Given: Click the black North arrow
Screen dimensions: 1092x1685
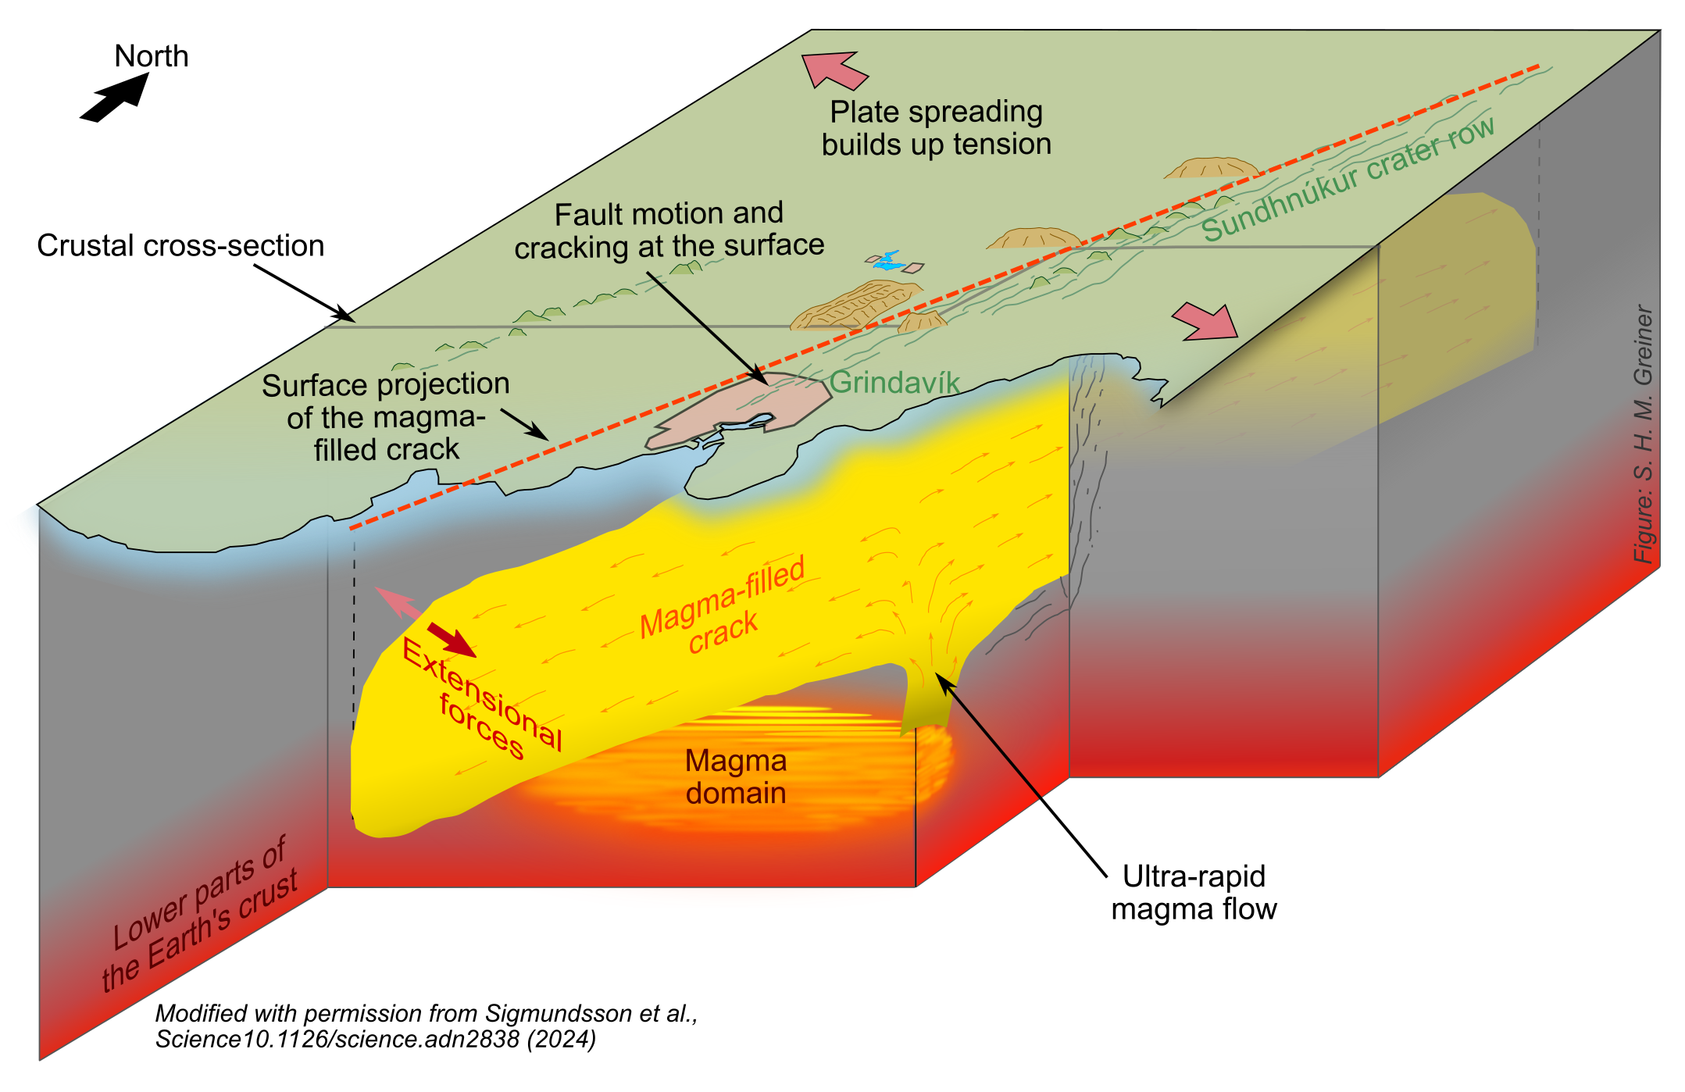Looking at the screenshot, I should coord(116,98).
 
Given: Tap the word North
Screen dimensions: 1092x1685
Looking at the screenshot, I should coord(152,56).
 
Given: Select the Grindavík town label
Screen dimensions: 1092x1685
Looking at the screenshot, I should coord(894,382).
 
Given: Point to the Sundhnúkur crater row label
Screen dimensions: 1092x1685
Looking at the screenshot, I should coord(1348,179).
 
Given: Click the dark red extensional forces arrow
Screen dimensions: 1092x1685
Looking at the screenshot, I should coord(452,640).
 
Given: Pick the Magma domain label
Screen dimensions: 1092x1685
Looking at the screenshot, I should coord(736,776).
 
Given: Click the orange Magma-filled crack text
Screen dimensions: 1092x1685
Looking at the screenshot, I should coord(722,605).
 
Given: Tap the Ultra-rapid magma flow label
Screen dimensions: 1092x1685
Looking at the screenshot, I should coord(1194,892).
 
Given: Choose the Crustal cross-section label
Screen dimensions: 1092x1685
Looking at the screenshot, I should coord(180,245).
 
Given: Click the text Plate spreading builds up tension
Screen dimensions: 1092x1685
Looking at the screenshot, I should coord(936,128).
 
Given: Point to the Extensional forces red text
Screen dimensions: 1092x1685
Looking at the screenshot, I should coord(481,699).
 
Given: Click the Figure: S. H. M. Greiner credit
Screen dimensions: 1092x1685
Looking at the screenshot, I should coord(1643,434).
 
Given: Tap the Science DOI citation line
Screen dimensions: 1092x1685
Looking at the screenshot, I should coord(375,1040).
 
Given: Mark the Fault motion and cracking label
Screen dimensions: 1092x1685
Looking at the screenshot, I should coord(669,230).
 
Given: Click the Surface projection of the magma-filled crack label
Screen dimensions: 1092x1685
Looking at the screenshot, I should coord(386,417).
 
